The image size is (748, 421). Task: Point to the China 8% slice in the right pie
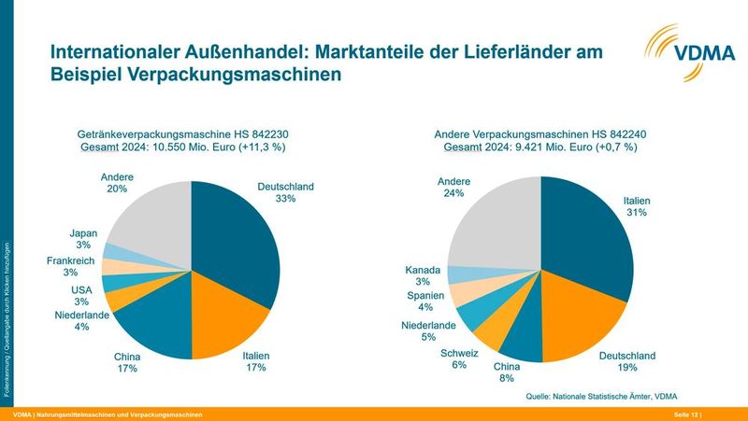524,341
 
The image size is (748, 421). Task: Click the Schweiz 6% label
459,359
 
